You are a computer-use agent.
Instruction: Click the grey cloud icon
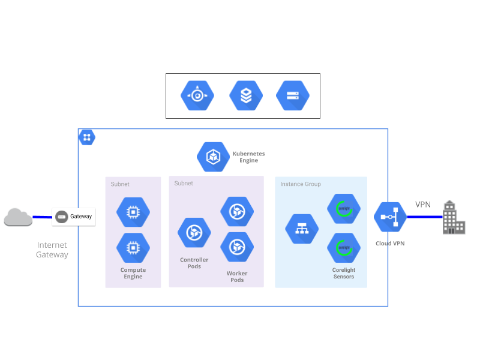[x=18, y=217]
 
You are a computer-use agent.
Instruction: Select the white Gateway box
[x=74, y=217]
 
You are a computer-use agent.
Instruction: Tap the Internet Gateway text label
[x=52, y=250]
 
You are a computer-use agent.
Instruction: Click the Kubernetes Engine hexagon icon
[x=213, y=157]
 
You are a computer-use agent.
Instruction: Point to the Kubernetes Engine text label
[x=248, y=157]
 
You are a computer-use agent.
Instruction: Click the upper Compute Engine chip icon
[x=133, y=212]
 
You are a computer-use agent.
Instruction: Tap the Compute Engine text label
[x=133, y=274]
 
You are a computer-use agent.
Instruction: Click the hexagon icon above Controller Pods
[x=194, y=232]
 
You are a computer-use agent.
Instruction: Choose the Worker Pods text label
[x=237, y=277]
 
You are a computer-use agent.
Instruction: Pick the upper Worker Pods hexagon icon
[x=237, y=211]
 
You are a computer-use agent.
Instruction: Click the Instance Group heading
[x=300, y=184]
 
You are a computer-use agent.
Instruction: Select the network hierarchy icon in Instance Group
[x=302, y=229]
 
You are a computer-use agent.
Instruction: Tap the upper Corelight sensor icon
[x=344, y=209]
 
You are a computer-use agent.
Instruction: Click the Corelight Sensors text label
[x=344, y=274]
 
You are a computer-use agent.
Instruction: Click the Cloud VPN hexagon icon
[x=391, y=217]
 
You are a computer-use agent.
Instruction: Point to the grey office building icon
[x=454, y=217]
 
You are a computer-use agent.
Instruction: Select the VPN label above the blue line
[x=423, y=205]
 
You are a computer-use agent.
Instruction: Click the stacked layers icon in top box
[x=246, y=96]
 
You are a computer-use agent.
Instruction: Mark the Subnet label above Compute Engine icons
[x=120, y=184]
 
